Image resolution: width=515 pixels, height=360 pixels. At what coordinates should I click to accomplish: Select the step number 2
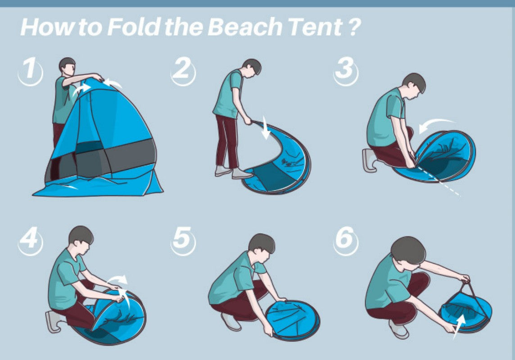pos(183,71)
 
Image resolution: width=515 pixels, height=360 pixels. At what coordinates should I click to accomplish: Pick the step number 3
pos(345,71)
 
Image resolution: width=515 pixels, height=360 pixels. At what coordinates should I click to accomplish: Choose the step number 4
pos(30,239)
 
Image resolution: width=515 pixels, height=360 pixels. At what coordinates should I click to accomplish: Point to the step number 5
pos(183,239)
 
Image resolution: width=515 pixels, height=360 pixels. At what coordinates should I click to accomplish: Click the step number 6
pos(345,239)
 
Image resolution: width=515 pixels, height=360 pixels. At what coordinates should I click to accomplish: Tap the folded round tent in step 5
pos(293,320)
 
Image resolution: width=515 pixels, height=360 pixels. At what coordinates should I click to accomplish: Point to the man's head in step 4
pos(81,238)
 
